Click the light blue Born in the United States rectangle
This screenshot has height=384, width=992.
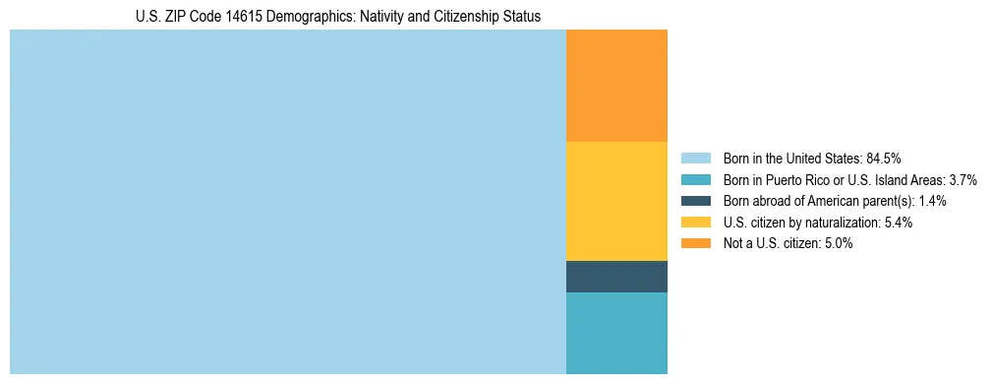pos(287,202)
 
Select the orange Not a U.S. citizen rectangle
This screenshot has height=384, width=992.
pos(616,86)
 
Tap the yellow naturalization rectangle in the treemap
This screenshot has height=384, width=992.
pos(616,201)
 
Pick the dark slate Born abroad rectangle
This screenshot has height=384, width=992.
pos(616,277)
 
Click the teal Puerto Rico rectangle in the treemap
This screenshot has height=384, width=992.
pos(616,333)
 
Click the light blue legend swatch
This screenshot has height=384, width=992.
pos(695,158)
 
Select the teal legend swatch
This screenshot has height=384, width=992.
pos(695,179)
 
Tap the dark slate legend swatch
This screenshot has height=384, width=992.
pos(695,201)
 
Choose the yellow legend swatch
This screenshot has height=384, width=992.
pos(695,223)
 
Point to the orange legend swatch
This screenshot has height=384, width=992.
pos(695,244)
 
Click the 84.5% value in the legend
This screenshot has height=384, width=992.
pos(884,158)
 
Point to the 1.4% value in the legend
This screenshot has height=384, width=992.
pos(932,201)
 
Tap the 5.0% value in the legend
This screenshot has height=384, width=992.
pos(839,244)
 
